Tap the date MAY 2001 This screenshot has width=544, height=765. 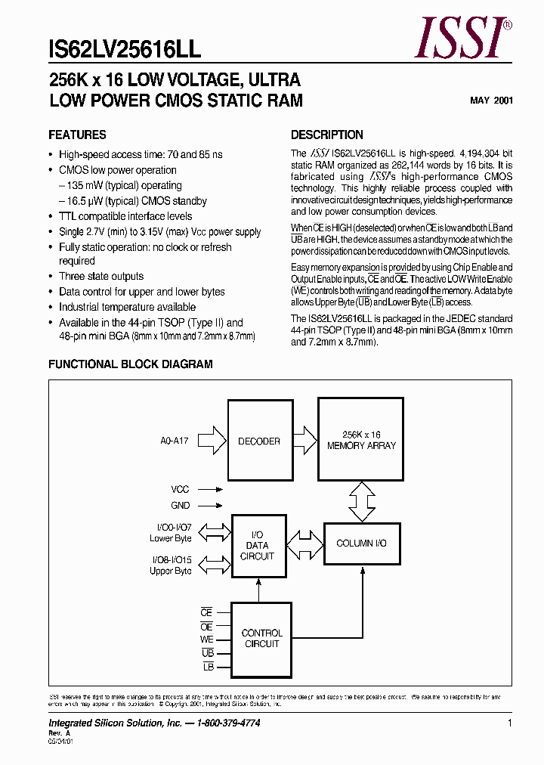pos(492,100)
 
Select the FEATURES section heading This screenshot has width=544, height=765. pos(77,135)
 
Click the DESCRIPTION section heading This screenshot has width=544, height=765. pos(327,135)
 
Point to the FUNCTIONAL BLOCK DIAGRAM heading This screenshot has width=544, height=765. pos(131,364)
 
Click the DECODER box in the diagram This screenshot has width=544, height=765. pos(259,441)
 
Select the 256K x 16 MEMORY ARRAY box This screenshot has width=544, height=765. pos(360,441)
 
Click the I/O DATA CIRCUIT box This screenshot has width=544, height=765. pos(258,545)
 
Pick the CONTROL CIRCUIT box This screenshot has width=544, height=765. pos(261,639)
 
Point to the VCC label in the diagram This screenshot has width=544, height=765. pos(181,489)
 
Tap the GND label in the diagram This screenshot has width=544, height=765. pos(181,506)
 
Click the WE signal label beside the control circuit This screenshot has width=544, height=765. pos(206,640)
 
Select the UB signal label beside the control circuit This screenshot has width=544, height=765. pos(208,652)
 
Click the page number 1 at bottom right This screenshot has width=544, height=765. pos(510,723)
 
